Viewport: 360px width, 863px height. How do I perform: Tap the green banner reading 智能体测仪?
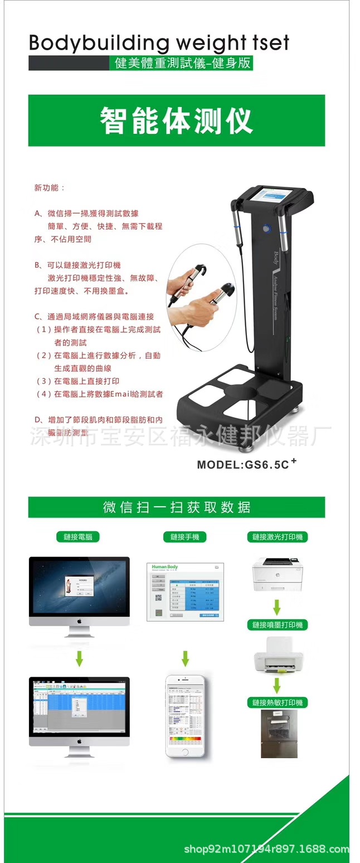point(176,120)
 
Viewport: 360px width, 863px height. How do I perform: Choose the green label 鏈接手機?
point(184,537)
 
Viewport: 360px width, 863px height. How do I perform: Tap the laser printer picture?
point(276,575)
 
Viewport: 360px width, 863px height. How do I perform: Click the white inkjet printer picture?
point(278,661)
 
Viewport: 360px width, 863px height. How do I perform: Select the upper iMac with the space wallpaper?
point(79,594)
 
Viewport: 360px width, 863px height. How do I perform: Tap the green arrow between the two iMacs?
point(79,660)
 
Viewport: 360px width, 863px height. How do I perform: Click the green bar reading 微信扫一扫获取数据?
point(176,507)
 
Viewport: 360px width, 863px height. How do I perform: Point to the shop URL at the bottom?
point(266,850)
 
